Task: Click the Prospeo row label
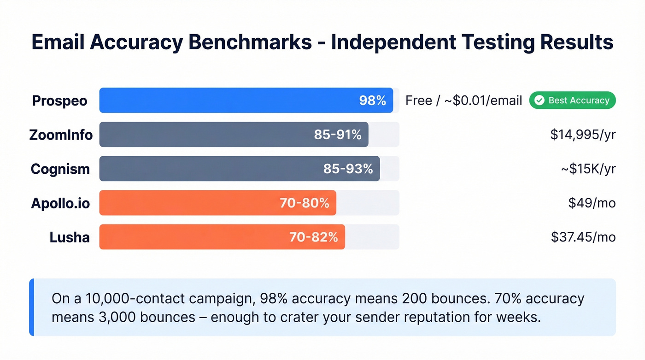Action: (59, 100)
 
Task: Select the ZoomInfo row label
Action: (61, 135)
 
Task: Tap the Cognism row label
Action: (60, 169)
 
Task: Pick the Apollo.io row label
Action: (60, 203)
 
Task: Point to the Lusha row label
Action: (70, 237)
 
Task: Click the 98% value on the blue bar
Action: (372, 100)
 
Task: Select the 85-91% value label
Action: (338, 135)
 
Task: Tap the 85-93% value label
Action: (348, 169)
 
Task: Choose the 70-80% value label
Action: (304, 203)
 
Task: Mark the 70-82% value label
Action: (313, 237)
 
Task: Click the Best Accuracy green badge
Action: (572, 100)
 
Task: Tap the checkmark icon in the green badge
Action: (539, 100)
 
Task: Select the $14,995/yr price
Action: (583, 135)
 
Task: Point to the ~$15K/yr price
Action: (588, 169)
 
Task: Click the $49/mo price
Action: (592, 203)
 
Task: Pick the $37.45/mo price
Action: (583, 237)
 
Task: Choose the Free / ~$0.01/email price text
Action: (463, 100)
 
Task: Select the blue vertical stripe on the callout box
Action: (31, 307)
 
